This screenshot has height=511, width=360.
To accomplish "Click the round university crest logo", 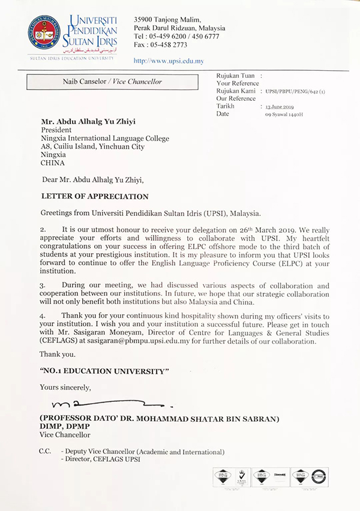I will [x=43, y=33].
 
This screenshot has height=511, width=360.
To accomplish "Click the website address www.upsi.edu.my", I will [x=169, y=61].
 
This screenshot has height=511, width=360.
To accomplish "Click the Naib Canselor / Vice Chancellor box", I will [x=112, y=82].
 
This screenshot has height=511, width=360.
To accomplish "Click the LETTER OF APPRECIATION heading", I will [x=94, y=196].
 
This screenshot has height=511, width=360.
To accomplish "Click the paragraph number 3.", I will [x=43, y=286].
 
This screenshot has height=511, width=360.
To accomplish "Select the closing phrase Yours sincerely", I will [x=66, y=387].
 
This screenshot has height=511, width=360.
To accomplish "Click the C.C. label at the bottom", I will [x=45, y=452].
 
